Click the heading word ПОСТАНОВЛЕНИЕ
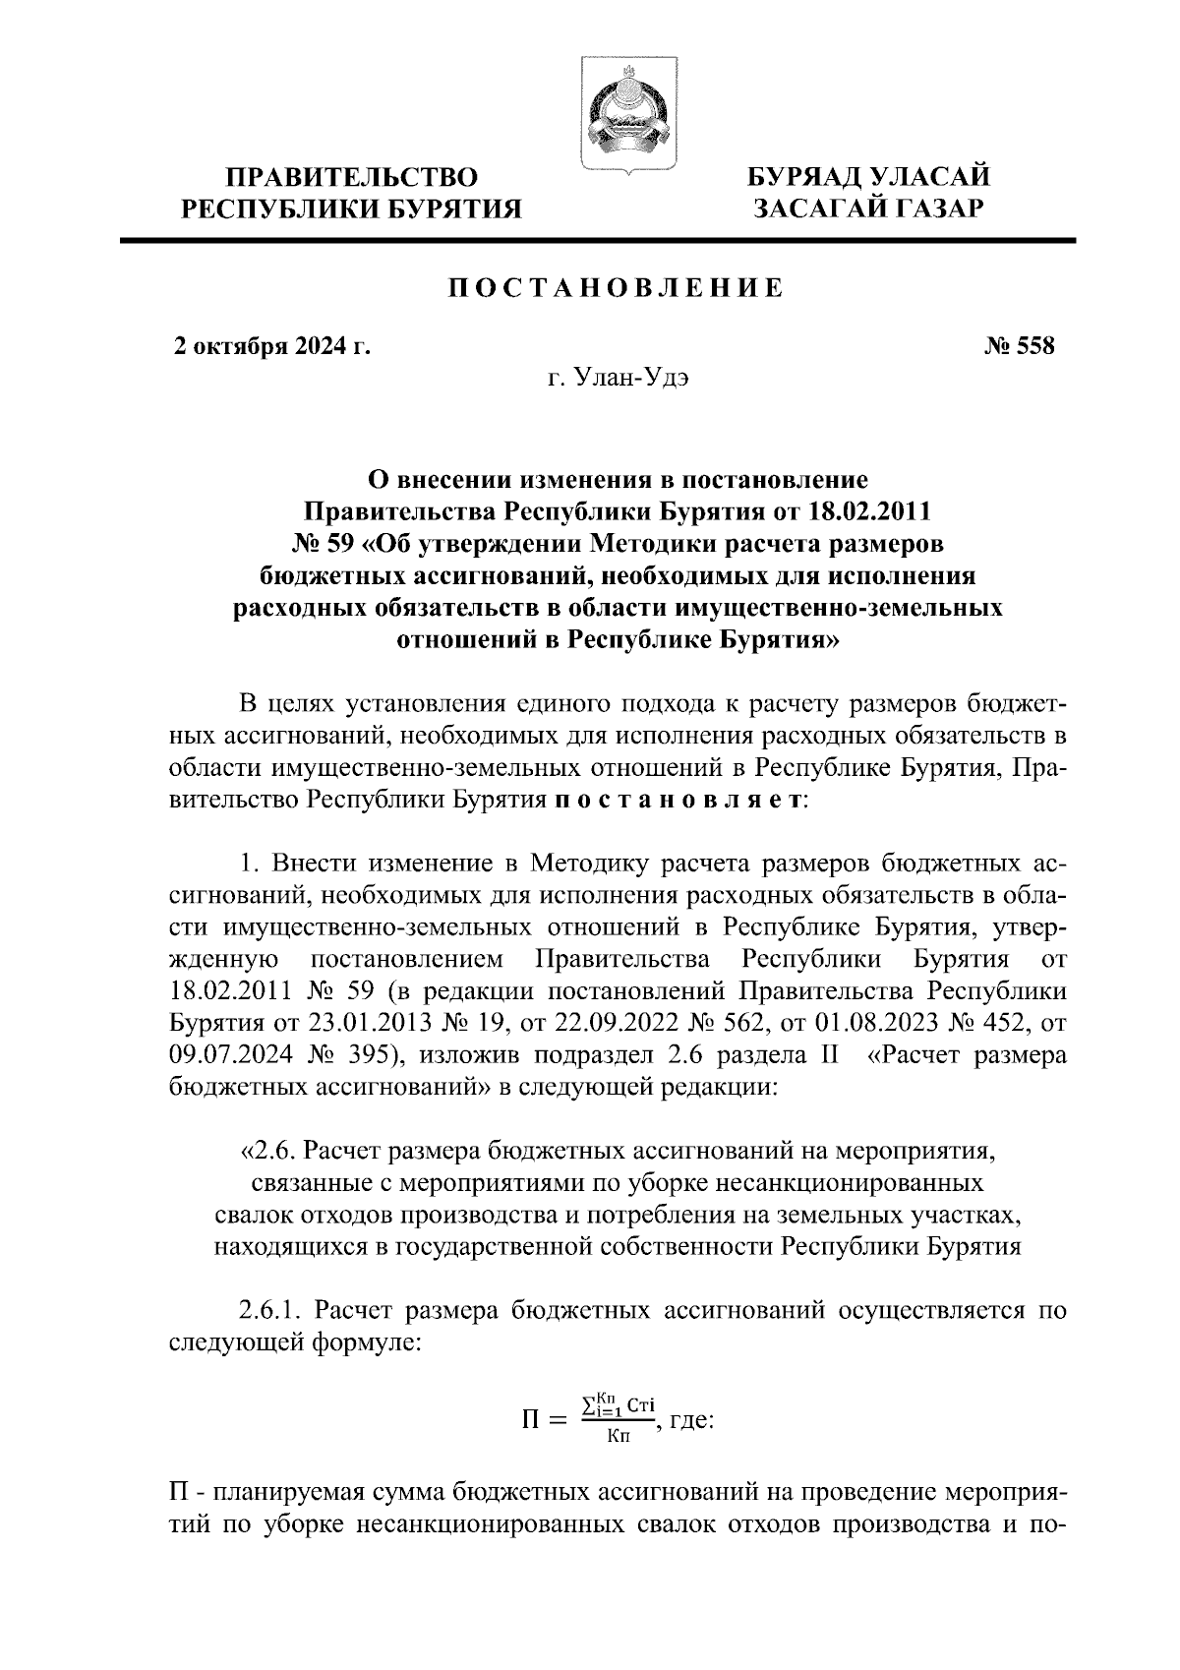coord(617,288)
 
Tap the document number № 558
coord(1018,347)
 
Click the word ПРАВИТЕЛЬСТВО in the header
coord(352,178)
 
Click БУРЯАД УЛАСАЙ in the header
coord(868,178)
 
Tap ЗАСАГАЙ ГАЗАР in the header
coord(868,209)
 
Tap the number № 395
coord(350,1056)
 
